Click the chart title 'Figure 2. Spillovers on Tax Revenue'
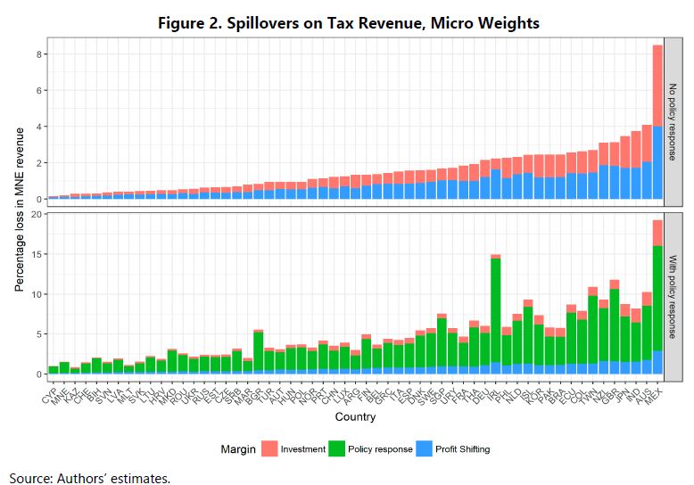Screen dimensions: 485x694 pos(348,22)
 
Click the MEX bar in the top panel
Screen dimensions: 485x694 pos(657,125)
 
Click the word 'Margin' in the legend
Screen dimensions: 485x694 pos(239,449)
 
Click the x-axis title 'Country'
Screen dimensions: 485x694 pos(355,417)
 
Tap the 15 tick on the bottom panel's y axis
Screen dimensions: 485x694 pos(37,254)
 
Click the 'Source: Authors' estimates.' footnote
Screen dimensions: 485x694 pos(90,477)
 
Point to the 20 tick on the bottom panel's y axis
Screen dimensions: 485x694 pos(37,214)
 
